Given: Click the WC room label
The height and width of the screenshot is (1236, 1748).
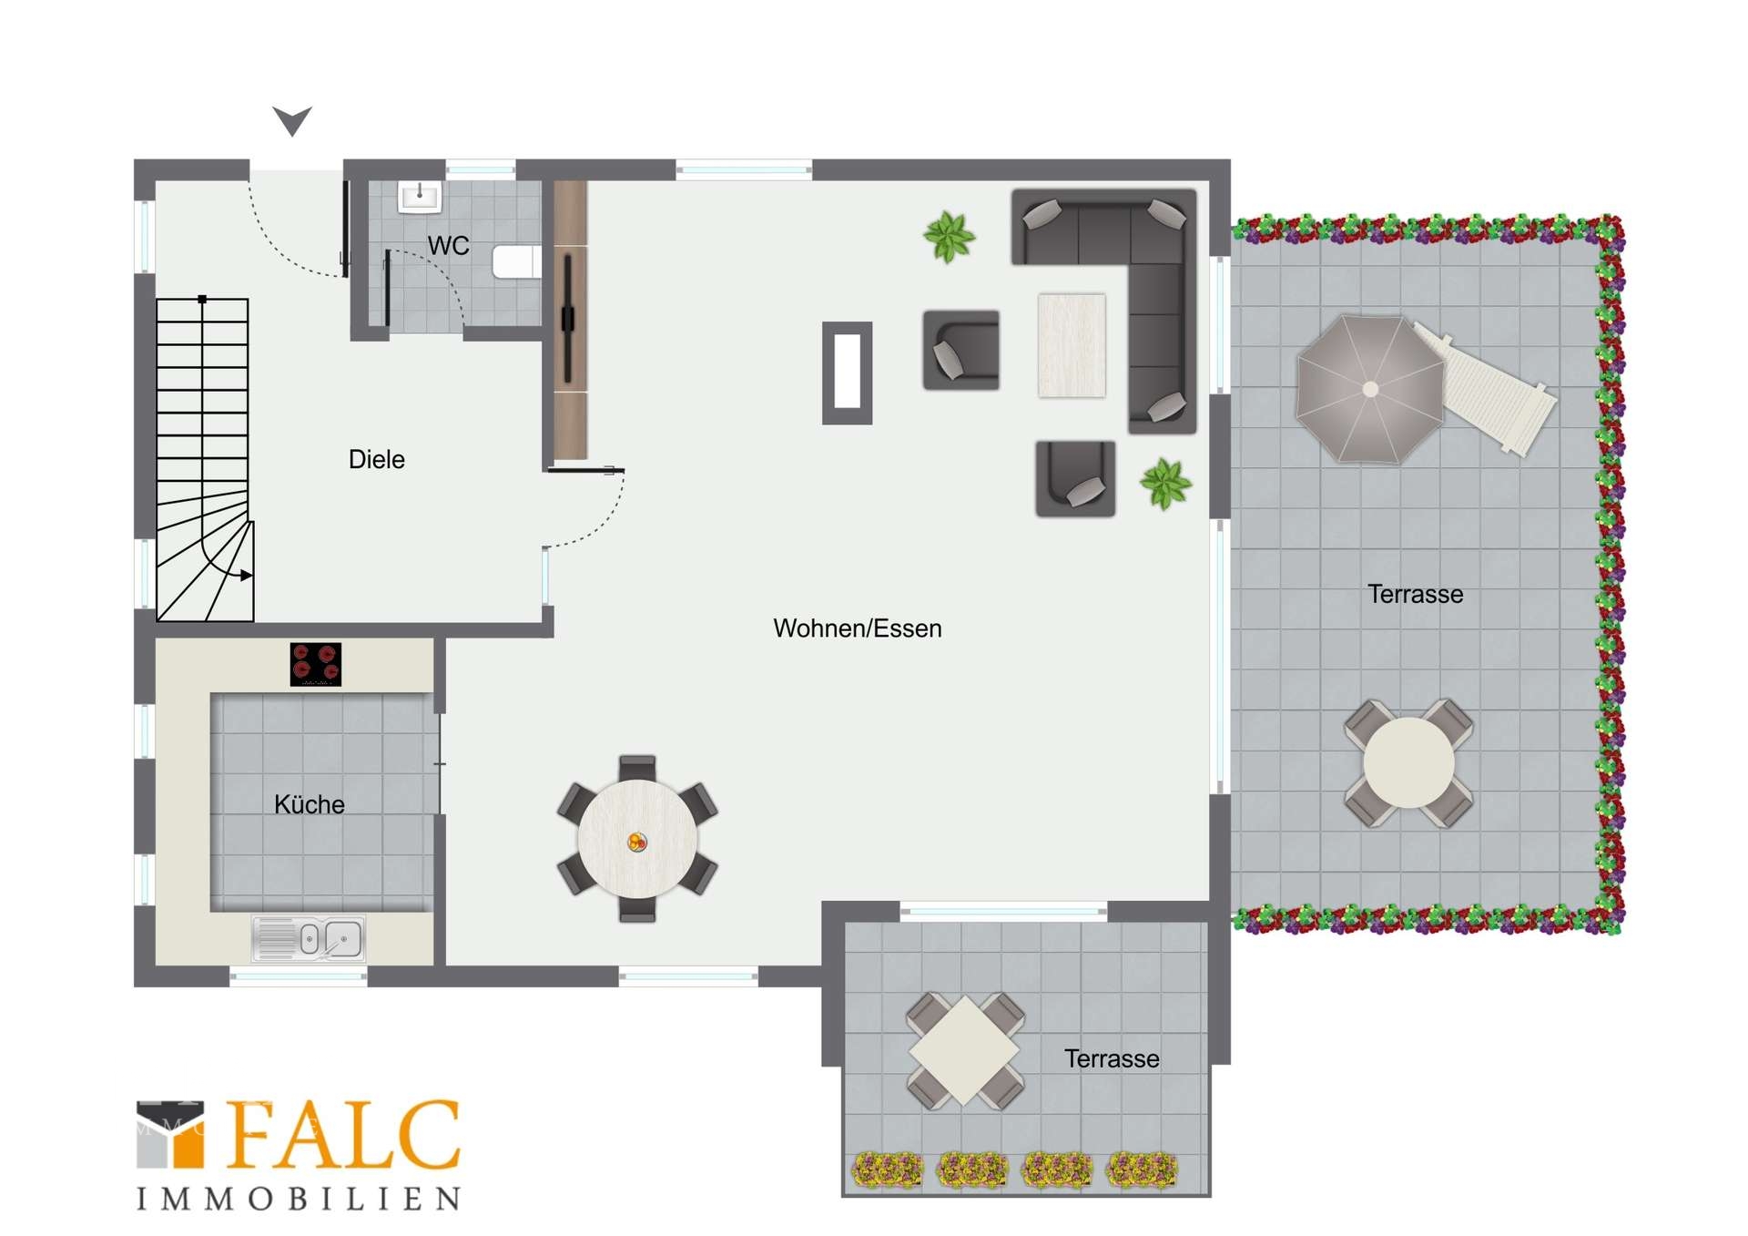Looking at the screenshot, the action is click(448, 246).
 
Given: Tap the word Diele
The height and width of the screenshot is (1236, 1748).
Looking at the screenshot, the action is click(376, 459).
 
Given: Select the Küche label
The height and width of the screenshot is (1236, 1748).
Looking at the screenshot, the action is click(310, 804).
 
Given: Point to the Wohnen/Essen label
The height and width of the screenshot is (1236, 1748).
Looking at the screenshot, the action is click(857, 628).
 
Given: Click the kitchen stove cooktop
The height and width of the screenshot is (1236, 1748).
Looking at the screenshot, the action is click(316, 664).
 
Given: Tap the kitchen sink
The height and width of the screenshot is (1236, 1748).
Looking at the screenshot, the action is click(309, 939).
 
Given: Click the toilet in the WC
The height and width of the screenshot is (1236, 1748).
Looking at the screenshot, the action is click(516, 261).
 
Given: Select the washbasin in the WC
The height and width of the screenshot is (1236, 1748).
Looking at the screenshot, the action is click(420, 196).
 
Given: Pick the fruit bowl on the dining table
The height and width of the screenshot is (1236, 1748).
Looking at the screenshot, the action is click(637, 842).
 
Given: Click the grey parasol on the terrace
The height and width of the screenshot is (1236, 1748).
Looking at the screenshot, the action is click(1370, 389).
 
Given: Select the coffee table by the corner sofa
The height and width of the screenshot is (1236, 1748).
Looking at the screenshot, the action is click(1072, 345).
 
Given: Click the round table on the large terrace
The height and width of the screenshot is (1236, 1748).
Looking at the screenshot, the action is click(1408, 763).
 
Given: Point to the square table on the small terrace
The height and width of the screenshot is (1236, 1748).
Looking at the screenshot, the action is click(965, 1051).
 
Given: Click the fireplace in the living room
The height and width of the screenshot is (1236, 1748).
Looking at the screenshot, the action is click(847, 373).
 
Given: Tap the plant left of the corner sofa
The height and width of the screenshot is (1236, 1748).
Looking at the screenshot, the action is click(949, 237).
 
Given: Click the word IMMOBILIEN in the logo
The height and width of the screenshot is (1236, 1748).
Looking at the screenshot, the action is click(299, 1199).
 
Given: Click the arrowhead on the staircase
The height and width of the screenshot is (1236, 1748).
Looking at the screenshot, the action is click(246, 575).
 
